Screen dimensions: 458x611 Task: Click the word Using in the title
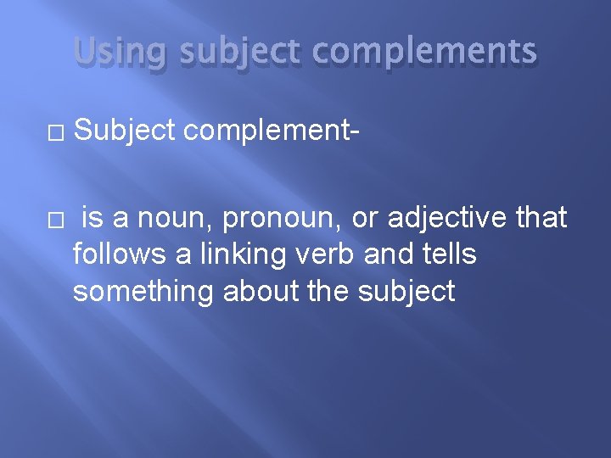coord(109,53)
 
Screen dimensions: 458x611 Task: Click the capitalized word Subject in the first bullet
coord(124,130)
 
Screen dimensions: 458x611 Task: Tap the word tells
coord(448,254)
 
